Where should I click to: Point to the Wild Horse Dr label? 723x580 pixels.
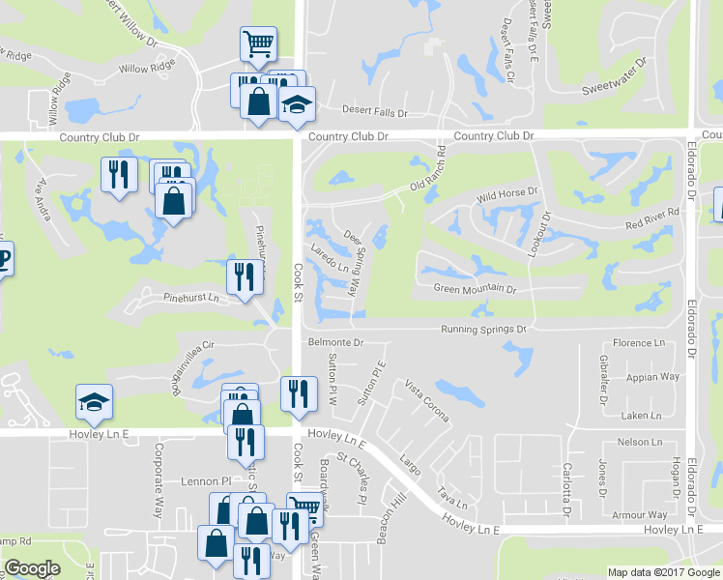506,195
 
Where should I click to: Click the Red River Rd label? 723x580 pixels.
652,219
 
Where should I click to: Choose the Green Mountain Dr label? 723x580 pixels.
475,289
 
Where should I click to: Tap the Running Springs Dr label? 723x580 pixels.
482,330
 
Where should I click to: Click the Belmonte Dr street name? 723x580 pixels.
334,342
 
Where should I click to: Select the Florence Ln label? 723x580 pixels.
640,343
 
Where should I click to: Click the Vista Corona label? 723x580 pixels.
426,401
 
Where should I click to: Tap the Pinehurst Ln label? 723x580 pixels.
191,299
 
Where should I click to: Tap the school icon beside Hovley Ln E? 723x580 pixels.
95,403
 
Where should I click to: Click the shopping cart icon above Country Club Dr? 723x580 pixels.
258,43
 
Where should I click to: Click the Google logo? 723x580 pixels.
31,569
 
